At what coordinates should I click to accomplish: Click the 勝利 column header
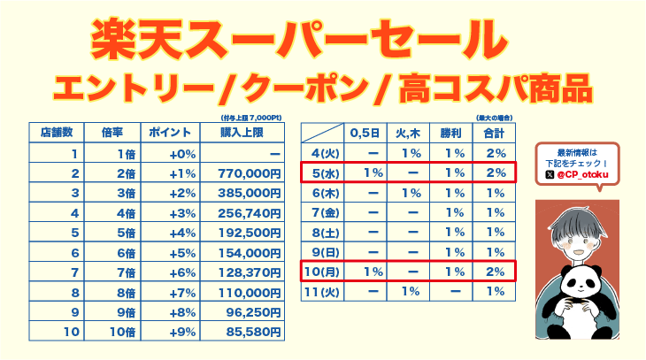(450, 133)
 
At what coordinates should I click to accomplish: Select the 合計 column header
(494, 133)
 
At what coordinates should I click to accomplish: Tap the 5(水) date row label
(320, 172)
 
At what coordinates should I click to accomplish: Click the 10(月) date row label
(320, 272)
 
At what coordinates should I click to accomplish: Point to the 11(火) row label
(320, 291)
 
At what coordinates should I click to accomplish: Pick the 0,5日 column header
(365, 133)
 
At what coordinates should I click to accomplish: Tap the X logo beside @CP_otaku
(550, 176)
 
